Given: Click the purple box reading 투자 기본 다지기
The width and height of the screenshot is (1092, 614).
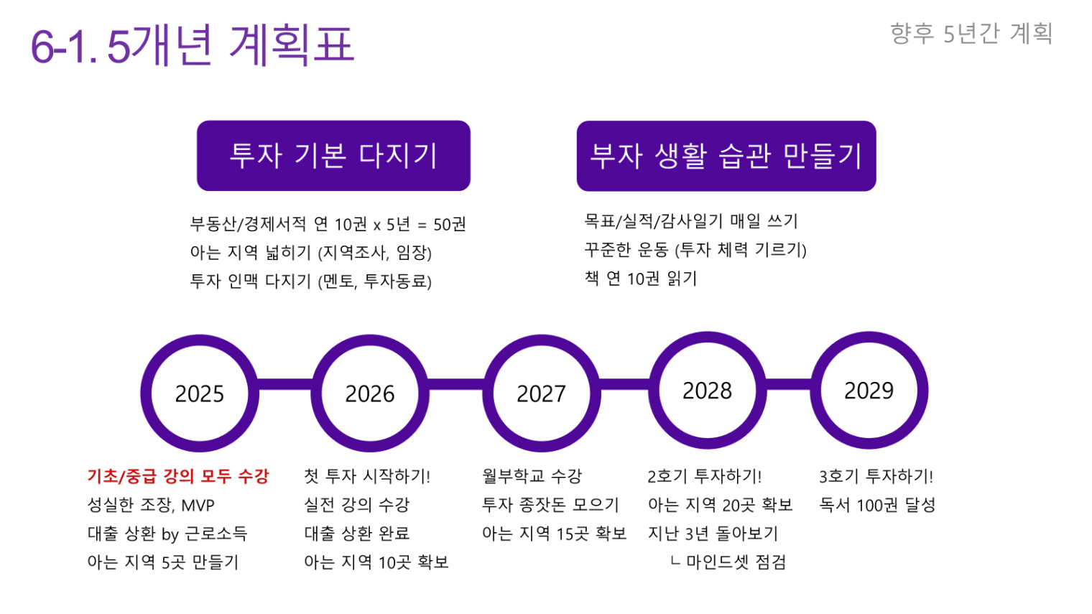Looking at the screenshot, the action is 333,155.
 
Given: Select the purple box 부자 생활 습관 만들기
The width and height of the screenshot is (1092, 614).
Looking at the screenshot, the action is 726,156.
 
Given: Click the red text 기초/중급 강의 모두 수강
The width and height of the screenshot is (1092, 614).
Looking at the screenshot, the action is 178,476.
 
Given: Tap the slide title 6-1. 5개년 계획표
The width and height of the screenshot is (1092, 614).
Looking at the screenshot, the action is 193,45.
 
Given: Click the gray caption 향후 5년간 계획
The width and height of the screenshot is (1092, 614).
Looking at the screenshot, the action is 971,33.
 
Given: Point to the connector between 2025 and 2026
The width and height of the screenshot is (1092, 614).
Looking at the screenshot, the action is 285,384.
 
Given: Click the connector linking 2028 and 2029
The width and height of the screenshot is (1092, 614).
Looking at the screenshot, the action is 789,384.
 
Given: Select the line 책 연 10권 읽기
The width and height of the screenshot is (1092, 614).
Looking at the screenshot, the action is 641,278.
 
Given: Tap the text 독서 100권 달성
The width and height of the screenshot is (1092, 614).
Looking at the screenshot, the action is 877,505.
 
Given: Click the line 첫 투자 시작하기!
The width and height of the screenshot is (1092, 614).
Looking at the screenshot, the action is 367,476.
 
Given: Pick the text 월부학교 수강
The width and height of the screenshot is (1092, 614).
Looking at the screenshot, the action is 532,476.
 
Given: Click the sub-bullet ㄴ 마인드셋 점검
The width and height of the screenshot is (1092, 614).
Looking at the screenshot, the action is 728,562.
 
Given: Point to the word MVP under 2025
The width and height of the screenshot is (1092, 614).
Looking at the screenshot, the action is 198,506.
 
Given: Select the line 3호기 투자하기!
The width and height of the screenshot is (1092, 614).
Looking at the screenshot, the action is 876,476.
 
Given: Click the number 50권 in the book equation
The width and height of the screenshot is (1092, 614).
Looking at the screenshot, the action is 450,224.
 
